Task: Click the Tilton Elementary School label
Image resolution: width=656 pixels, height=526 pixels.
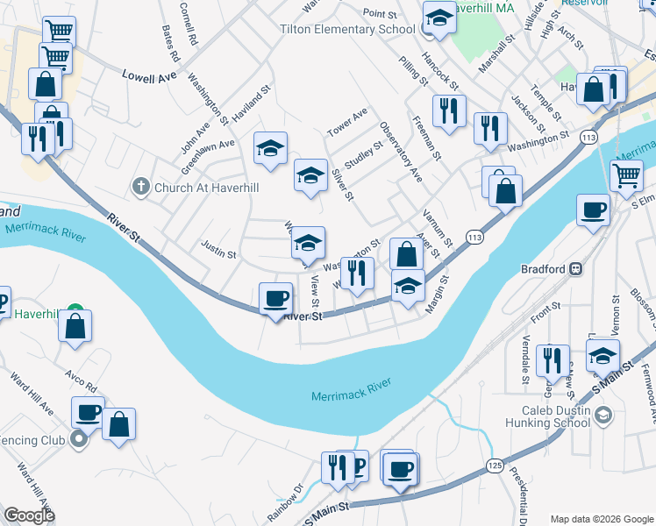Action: coord(346,29)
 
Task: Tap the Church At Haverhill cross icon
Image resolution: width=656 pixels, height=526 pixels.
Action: coord(139,187)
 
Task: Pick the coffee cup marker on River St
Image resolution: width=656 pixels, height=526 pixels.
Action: coord(276,299)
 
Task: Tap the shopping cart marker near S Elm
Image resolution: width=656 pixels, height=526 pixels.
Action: coord(625,175)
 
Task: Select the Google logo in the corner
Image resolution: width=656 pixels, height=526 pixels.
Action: coord(30,515)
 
